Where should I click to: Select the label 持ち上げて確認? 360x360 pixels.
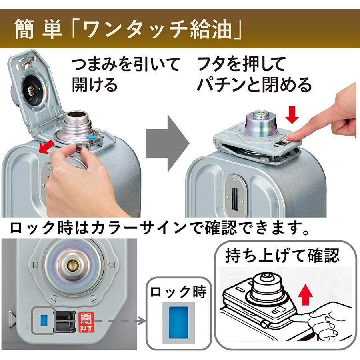pos(282,255)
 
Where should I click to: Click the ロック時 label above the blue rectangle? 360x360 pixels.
pos(178,292)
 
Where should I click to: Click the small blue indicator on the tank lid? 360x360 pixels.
pos(44,319)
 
